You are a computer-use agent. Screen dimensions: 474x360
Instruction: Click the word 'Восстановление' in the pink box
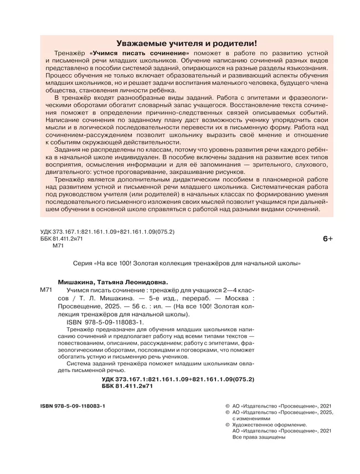(x=246, y=112)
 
